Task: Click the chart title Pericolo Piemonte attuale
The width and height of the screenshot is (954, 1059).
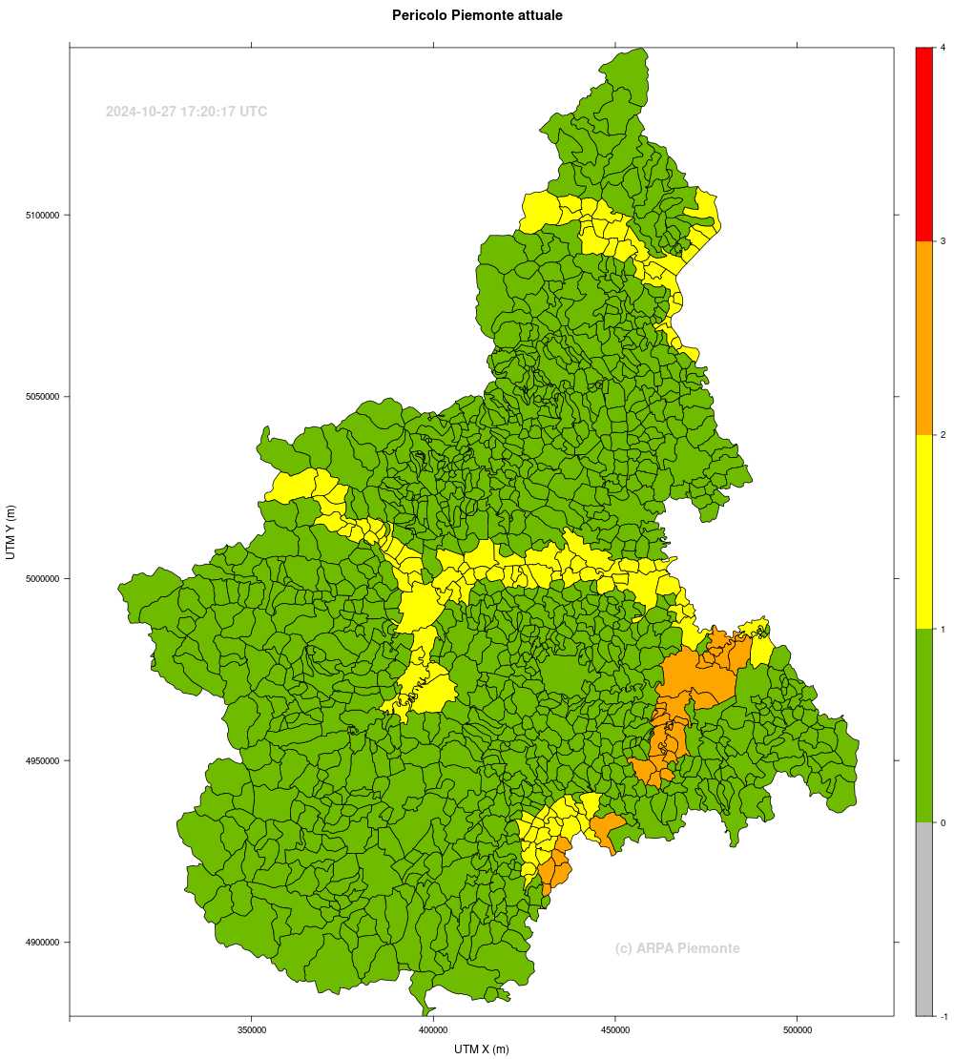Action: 477,15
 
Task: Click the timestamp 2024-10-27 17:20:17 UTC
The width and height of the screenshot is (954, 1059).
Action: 186,112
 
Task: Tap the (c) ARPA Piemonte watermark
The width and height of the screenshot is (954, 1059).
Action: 677,948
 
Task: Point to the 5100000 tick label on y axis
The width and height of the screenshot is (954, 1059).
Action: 42,215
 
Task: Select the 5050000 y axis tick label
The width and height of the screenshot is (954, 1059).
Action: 42,397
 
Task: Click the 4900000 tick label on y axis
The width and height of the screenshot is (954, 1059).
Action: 42,943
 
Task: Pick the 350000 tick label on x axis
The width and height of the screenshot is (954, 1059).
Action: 251,1030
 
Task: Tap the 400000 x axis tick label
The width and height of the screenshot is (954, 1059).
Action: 433,1030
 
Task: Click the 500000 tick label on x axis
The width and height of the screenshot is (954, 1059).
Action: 797,1030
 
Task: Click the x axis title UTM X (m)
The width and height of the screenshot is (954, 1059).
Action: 482,1049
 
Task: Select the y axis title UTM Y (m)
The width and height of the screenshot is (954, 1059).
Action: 11,531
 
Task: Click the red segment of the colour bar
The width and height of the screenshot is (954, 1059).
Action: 923,143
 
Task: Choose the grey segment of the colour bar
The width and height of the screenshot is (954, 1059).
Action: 923,919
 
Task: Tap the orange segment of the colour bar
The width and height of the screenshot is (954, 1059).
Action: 923,338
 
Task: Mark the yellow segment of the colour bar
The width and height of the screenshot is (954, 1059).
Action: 923,531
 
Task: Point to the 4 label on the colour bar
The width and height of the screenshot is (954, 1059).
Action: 943,47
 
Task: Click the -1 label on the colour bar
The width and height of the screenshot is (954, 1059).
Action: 943,1016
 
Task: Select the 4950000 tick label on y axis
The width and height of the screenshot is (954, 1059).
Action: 42,760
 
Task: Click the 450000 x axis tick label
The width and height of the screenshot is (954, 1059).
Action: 614,1030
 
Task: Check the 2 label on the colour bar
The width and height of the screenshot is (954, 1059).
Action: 943,435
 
